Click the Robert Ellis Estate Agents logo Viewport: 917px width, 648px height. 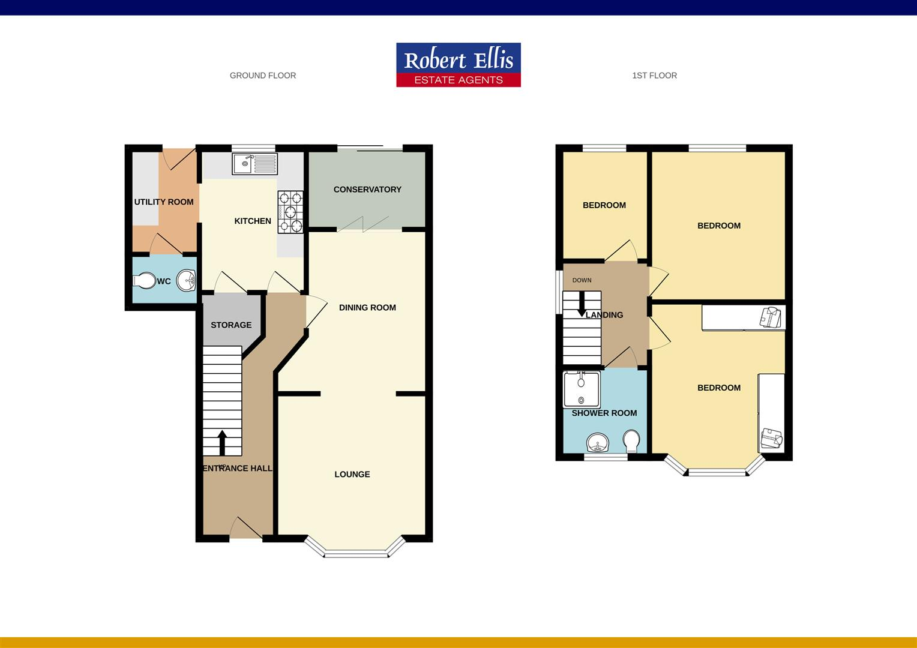pyautogui.click(x=458, y=65)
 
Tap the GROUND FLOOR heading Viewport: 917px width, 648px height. pyautogui.click(x=263, y=76)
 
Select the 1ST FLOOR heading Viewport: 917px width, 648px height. pyautogui.click(x=654, y=76)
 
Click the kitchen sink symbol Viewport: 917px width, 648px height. pyautogui.click(x=255, y=163)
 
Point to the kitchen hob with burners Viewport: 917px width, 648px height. pyautogui.click(x=290, y=212)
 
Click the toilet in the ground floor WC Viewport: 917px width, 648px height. pyautogui.click(x=143, y=281)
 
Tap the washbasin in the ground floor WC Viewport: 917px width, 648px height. pyautogui.click(x=187, y=280)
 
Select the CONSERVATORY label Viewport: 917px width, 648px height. pyautogui.click(x=367, y=190)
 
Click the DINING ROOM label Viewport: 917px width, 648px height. pyautogui.click(x=367, y=308)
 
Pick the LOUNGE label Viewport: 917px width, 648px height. pyautogui.click(x=352, y=475)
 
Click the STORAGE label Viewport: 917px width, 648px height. pyautogui.click(x=231, y=325)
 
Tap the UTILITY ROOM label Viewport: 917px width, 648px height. pyautogui.click(x=164, y=202)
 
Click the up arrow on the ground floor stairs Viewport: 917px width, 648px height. pyautogui.click(x=222, y=442)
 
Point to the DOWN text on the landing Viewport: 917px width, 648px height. pyautogui.click(x=582, y=280)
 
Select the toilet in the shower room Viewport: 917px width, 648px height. pyautogui.click(x=631, y=441)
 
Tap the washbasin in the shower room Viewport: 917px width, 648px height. pyautogui.click(x=598, y=443)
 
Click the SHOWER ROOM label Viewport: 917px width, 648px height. pyautogui.click(x=604, y=413)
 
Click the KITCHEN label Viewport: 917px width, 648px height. pyautogui.click(x=253, y=221)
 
